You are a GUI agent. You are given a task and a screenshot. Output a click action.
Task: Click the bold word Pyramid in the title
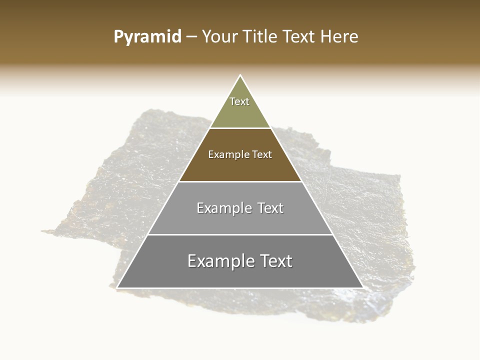(147, 37)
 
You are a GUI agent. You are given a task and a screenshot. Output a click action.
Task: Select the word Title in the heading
(259, 37)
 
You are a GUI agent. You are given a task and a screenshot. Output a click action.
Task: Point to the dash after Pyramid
(191, 37)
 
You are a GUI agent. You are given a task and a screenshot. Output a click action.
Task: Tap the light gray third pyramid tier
(240, 220)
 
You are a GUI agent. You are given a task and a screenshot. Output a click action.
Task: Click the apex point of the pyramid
(240, 76)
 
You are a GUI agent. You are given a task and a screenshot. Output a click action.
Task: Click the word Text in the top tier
(239, 101)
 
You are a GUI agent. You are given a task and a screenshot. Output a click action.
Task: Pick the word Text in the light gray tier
(270, 208)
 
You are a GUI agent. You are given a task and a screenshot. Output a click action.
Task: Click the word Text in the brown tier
(262, 154)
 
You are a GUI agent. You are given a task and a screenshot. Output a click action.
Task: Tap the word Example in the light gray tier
(224, 208)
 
